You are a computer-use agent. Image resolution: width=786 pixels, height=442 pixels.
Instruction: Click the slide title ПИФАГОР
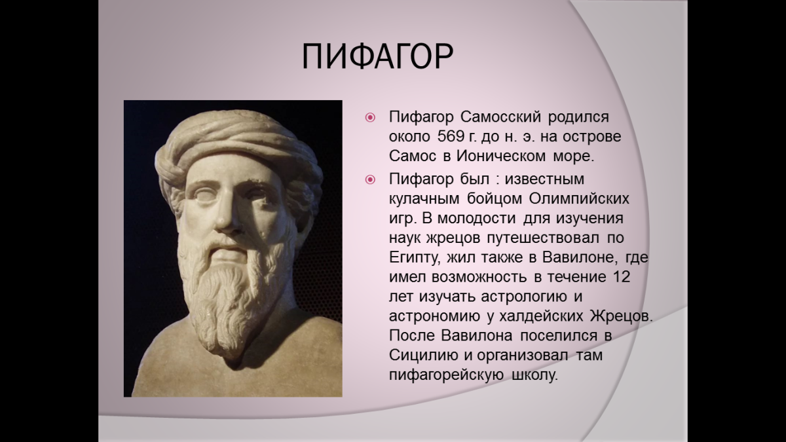(x=377, y=58)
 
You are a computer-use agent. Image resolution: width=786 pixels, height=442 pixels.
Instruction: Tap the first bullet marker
(x=370, y=119)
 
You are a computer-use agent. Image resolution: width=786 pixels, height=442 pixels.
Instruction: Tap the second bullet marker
(x=370, y=179)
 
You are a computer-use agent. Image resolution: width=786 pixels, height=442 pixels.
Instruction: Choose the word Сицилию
(x=419, y=356)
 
